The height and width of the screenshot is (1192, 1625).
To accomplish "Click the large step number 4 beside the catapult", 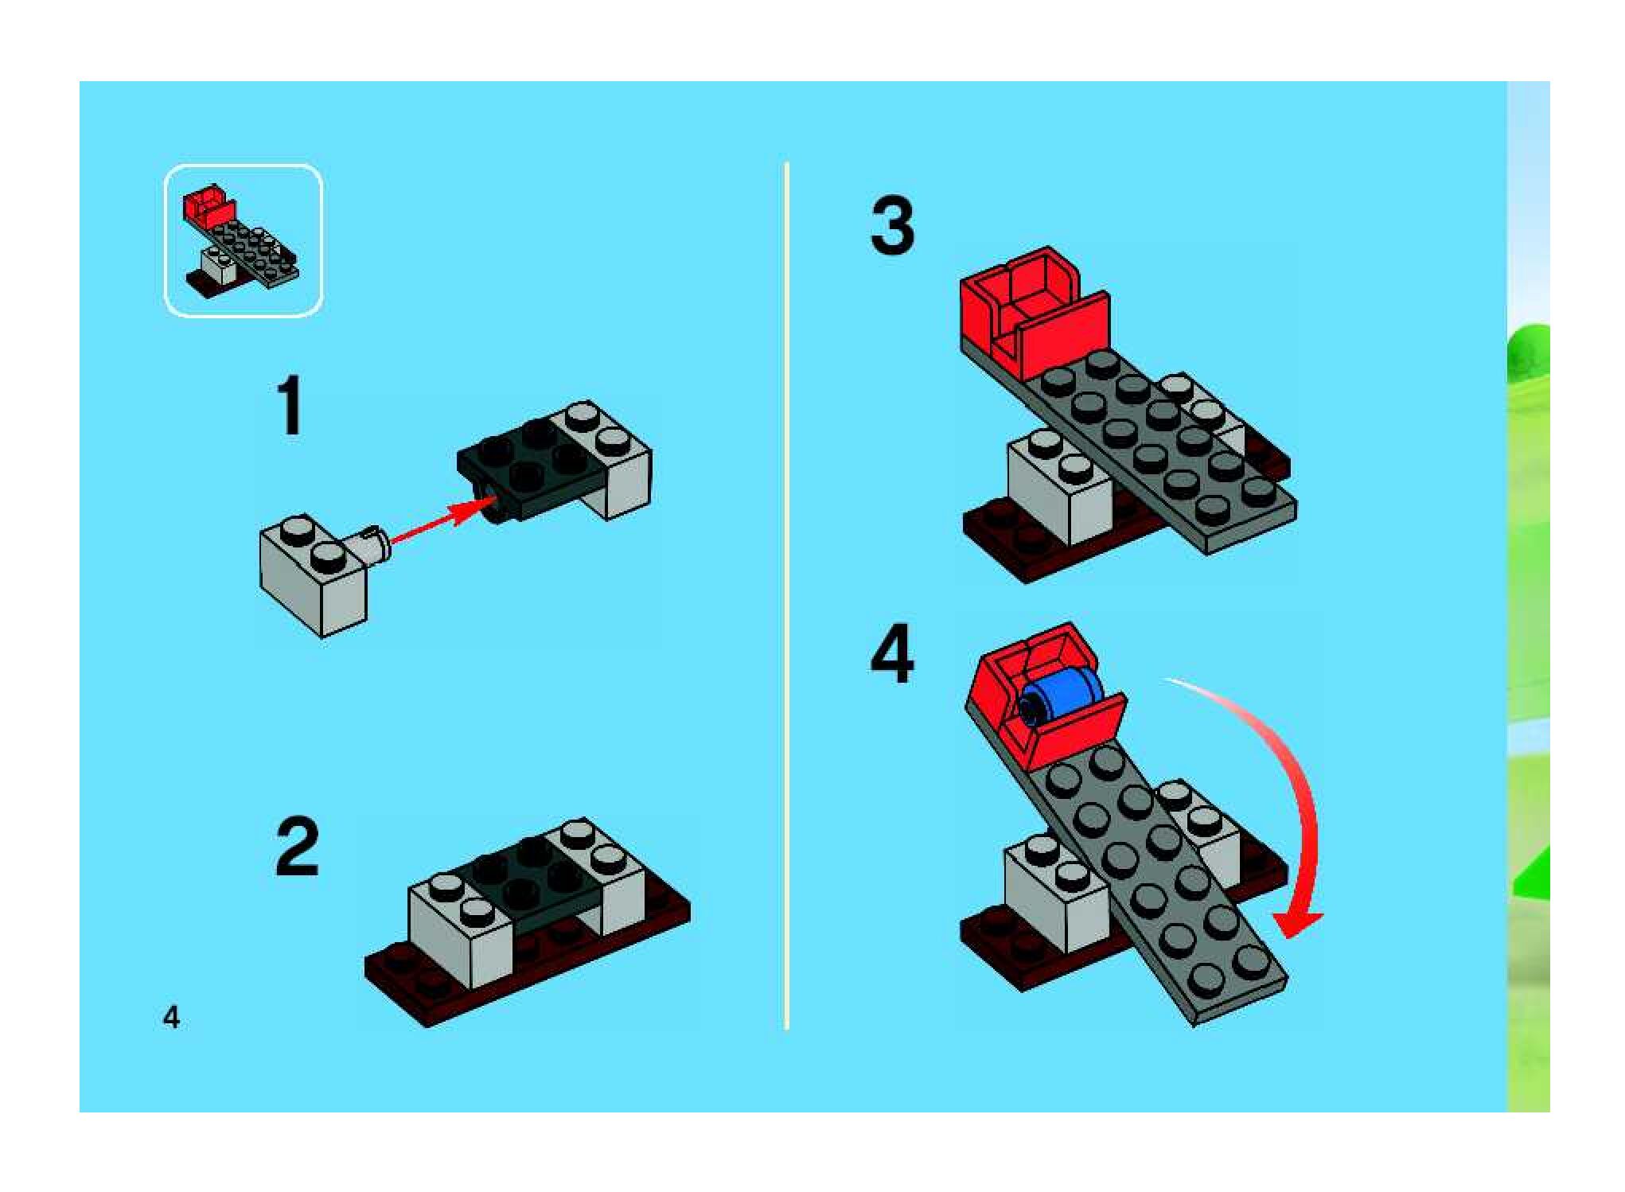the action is (892, 654).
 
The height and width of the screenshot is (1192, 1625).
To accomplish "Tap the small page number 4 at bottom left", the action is (171, 1017).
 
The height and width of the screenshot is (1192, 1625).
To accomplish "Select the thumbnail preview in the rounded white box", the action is (243, 240).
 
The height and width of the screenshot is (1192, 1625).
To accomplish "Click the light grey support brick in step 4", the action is (1054, 899).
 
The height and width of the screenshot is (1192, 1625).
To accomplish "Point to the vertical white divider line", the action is (787, 597).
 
